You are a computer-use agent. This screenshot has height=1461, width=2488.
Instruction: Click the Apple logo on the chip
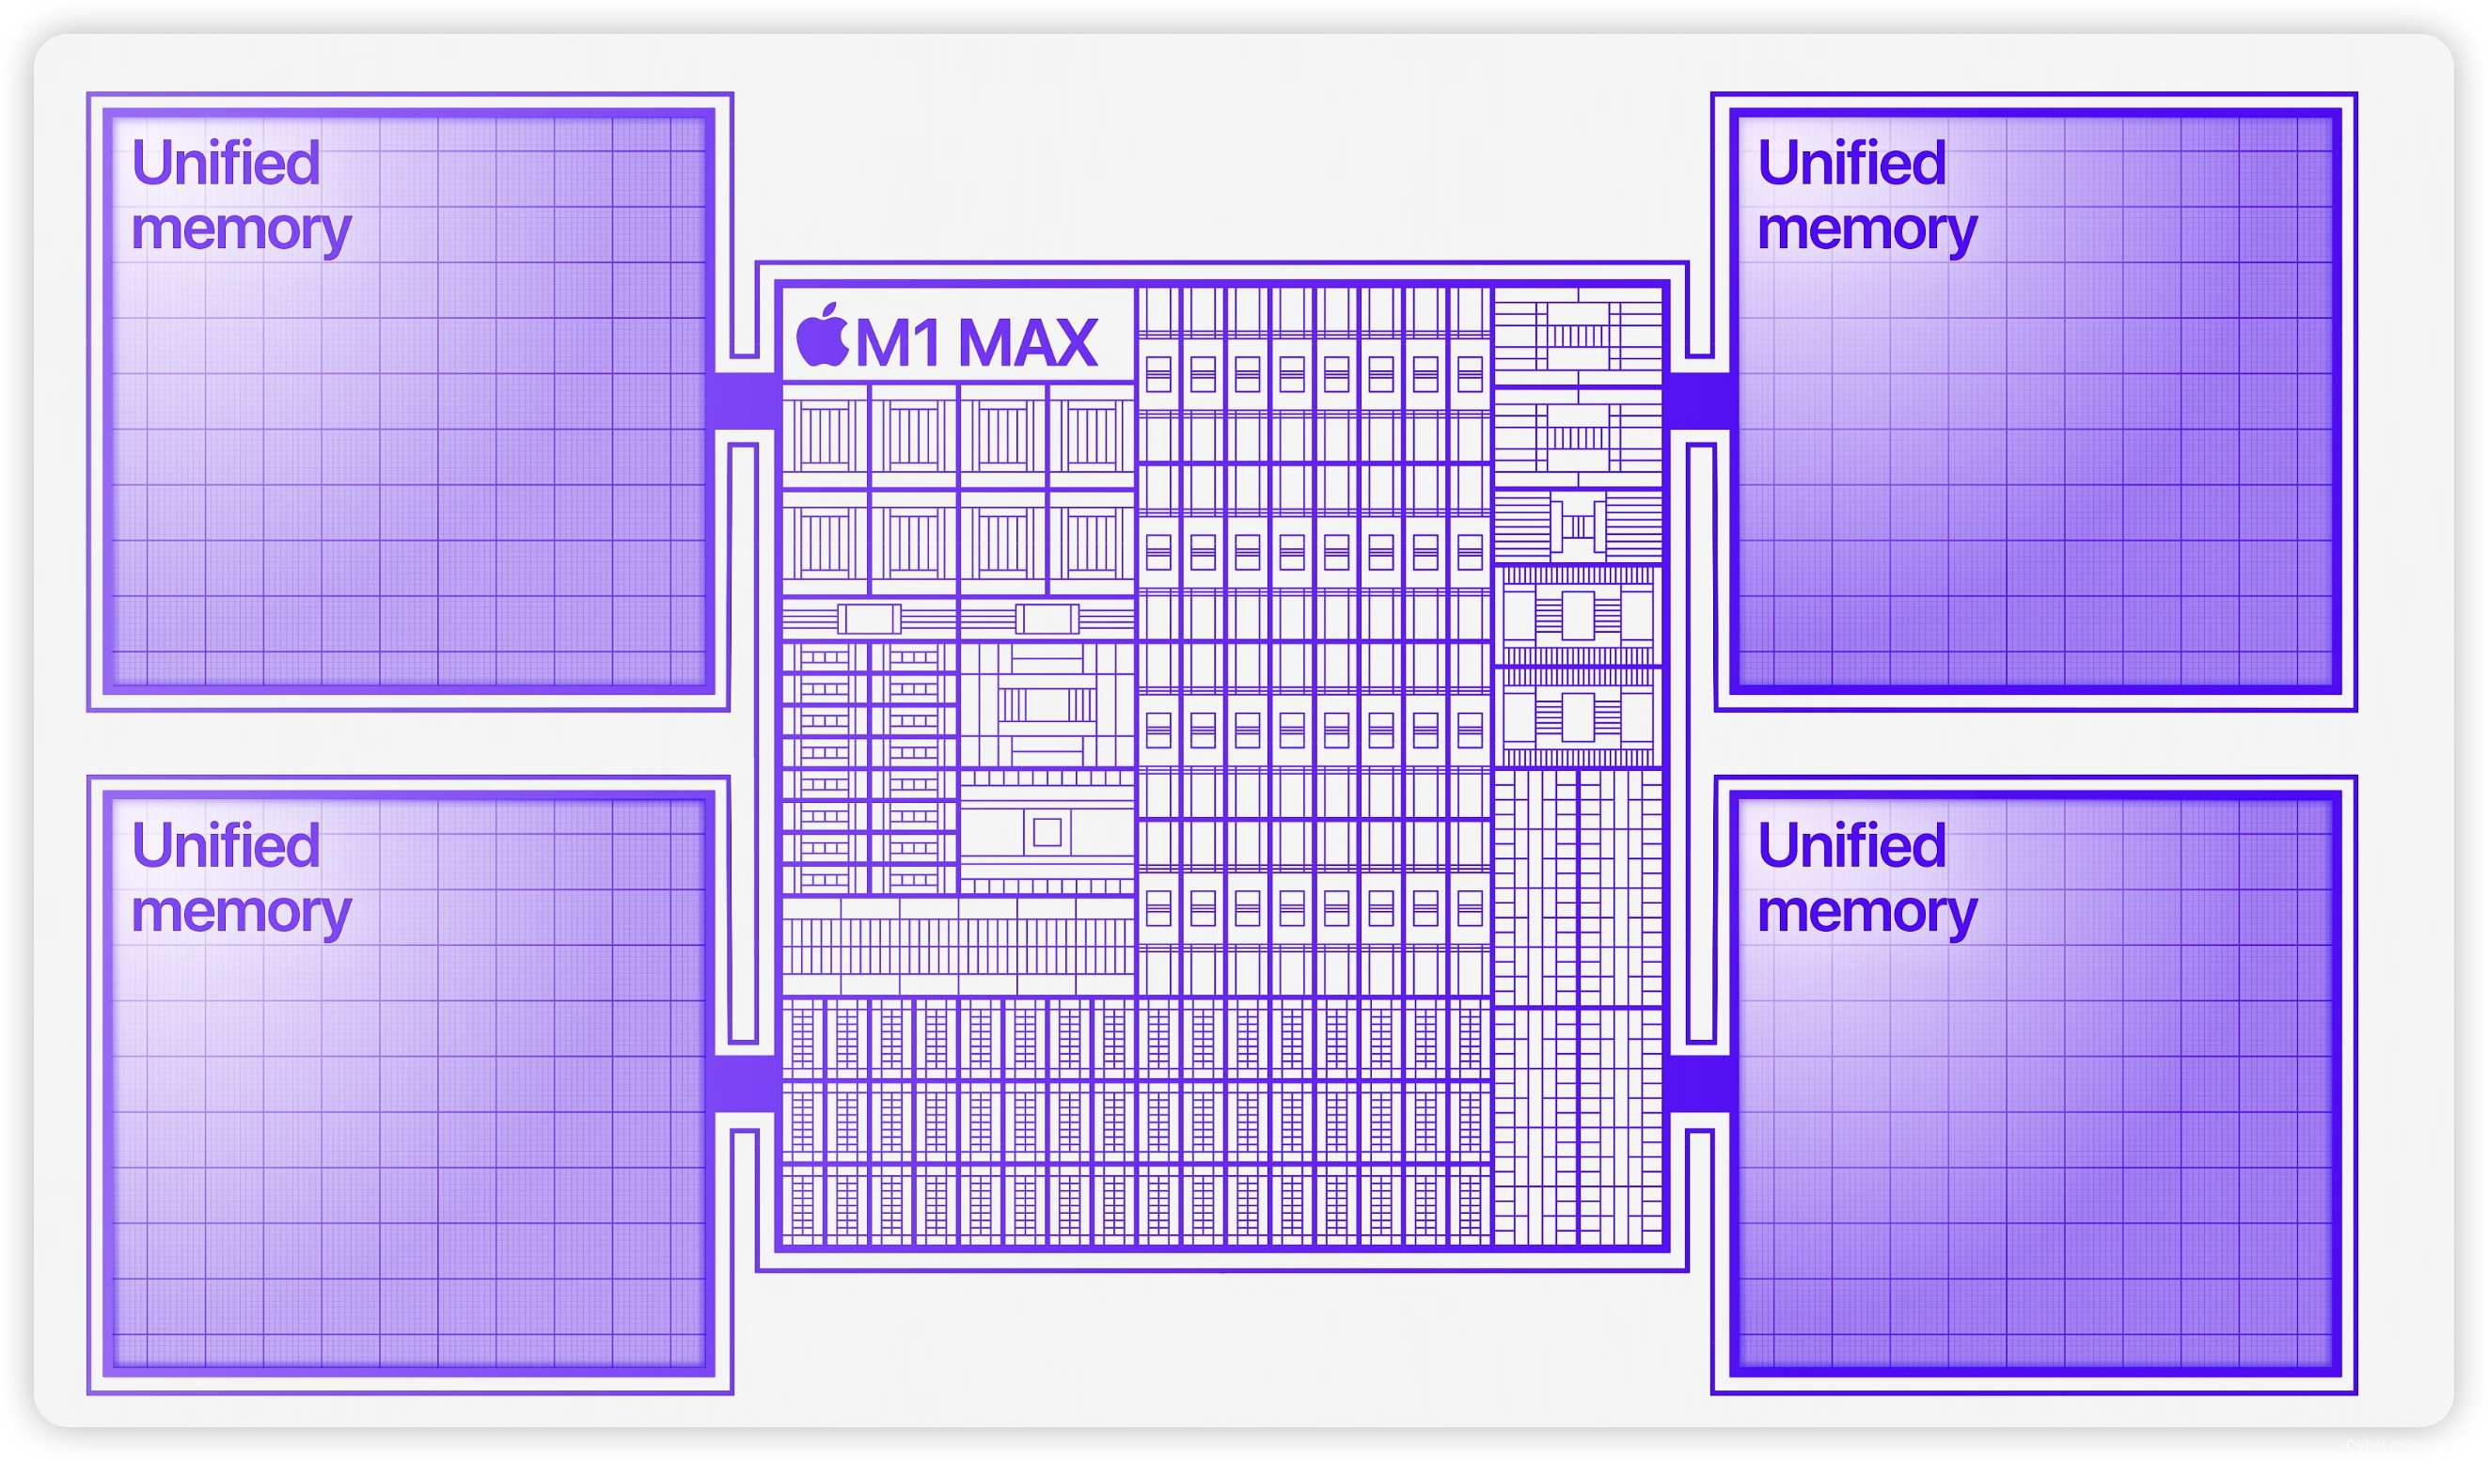click(x=822, y=336)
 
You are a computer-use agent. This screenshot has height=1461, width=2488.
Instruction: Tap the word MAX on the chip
click(x=1027, y=343)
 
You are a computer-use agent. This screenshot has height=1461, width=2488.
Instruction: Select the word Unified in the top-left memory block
click(x=226, y=163)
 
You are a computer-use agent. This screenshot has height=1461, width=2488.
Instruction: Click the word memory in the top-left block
click(x=241, y=230)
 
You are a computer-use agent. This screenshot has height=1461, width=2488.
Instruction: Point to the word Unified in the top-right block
click(x=1851, y=163)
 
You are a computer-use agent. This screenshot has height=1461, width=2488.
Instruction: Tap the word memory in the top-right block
click(x=1867, y=230)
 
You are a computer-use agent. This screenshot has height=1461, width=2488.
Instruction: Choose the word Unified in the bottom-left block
click(x=226, y=846)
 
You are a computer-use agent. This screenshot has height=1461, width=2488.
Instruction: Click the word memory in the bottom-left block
click(x=241, y=913)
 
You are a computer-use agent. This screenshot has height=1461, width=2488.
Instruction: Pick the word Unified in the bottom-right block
click(x=1851, y=846)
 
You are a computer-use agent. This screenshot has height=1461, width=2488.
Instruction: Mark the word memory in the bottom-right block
click(x=1867, y=913)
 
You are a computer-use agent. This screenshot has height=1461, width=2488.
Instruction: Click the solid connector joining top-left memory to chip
click(x=744, y=401)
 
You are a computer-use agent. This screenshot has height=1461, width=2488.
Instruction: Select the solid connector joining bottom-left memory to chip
click(x=744, y=1083)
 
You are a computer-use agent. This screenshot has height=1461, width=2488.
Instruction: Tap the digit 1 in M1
click(x=927, y=343)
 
